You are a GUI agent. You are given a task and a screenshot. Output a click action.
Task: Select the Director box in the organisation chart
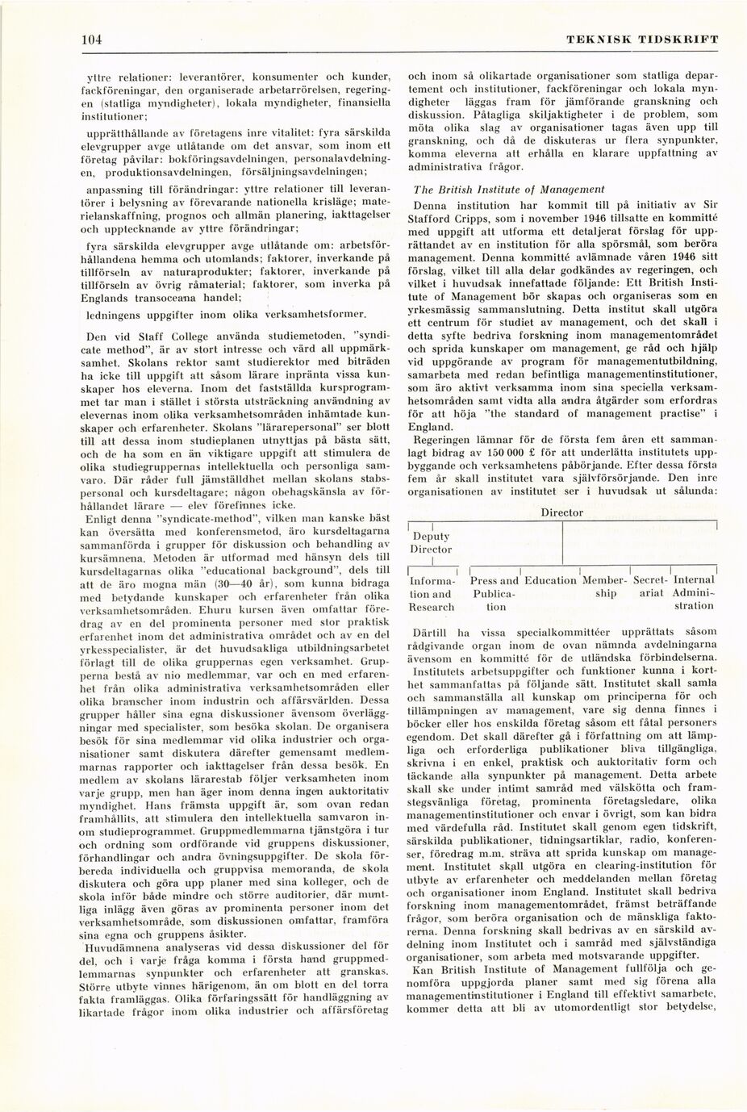pos(561,512)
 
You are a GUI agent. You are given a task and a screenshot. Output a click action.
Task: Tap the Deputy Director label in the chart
pos(432,542)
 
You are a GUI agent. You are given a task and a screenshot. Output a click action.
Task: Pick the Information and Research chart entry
pos(432,593)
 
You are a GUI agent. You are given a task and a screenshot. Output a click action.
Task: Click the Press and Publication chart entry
pos(494,593)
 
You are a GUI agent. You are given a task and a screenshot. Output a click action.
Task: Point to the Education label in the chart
pos(550,580)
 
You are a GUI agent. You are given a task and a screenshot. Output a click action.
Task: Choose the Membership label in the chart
pos(604,587)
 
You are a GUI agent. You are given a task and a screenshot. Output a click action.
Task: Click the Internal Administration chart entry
pos(694,593)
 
